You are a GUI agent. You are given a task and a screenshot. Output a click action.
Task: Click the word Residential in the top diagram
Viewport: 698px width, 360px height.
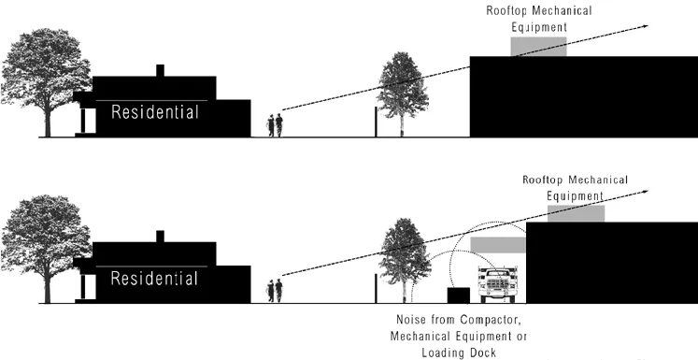[x=155, y=113]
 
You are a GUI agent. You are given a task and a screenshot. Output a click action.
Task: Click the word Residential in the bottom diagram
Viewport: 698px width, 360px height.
[x=155, y=280]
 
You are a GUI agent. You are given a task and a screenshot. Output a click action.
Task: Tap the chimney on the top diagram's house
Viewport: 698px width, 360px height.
[x=161, y=70]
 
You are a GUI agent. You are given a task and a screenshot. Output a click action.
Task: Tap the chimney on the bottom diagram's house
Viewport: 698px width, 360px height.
[x=161, y=237]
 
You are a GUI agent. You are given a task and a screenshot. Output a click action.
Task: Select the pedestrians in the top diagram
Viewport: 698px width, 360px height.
[x=275, y=125]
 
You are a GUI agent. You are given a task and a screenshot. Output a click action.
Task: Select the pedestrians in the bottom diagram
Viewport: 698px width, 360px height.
[x=275, y=291]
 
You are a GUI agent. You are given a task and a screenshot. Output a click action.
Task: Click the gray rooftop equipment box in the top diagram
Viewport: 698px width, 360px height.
[x=537, y=47]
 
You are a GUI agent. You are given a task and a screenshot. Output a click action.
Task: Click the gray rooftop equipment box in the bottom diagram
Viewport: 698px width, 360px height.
[x=576, y=213]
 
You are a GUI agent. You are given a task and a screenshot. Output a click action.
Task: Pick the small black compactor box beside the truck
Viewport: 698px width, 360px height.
[x=458, y=295]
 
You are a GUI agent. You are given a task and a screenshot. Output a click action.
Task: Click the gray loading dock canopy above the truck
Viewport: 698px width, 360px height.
[x=498, y=245]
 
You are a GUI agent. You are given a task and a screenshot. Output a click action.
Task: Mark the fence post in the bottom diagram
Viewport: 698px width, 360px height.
[x=376, y=289]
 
